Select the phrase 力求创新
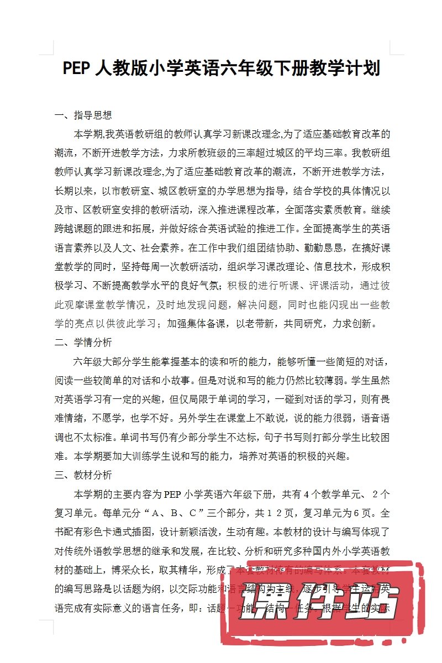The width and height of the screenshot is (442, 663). (354, 323)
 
